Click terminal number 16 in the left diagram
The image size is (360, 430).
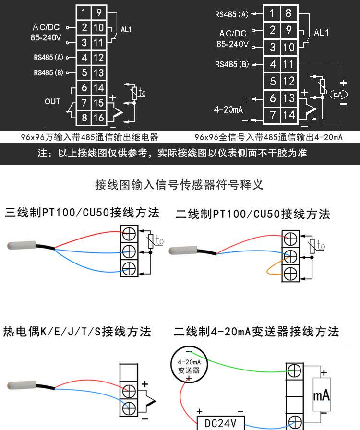click(x=98, y=118)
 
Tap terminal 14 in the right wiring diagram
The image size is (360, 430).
click(x=289, y=115)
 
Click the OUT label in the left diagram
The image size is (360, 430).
click(x=52, y=101)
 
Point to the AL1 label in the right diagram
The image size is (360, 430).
click(x=321, y=33)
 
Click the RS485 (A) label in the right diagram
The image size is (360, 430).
click(x=232, y=14)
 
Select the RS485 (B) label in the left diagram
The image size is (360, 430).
click(x=48, y=73)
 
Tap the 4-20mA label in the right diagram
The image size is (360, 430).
click(x=228, y=109)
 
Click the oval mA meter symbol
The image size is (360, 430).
click(x=338, y=95)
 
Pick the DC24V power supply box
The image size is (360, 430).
click(x=220, y=423)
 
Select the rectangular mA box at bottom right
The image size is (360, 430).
click(x=321, y=394)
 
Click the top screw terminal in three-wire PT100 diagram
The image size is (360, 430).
click(x=128, y=234)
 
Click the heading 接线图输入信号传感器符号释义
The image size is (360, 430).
click(x=180, y=185)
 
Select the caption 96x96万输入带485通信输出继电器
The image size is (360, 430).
click(x=90, y=137)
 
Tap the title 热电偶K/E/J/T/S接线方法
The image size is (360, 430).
click(x=77, y=331)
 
